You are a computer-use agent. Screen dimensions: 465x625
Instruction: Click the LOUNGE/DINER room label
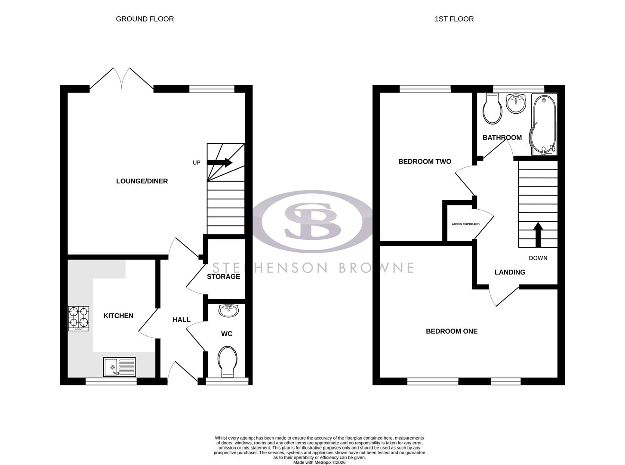pyautogui.click(x=142, y=181)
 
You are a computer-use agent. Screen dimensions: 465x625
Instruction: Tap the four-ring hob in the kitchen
pyautogui.click(x=79, y=318)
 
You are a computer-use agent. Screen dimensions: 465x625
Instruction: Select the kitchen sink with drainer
pyautogui.click(x=119, y=367)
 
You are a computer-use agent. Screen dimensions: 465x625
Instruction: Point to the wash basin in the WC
pyautogui.click(x=228, y=310)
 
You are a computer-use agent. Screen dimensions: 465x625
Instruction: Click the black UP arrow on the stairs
pyautogui.click(x=220, y=162)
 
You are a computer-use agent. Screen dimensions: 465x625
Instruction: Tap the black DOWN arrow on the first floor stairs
pyautogui.click(x=538, y=234)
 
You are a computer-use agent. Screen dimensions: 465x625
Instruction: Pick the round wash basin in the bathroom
pyautogui.click(x=516, y=103)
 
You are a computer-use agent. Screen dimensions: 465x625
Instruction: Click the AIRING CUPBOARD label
pyautogui.click(x=465, y=224)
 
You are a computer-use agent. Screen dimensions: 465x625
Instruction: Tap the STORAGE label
pyautogui.click(x=223, y=276)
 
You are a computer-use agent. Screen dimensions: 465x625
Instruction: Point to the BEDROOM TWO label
pyautogui.click(x=425, y=161)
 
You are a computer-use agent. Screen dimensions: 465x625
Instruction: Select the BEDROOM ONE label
pyautogui.click(x=452, y=331)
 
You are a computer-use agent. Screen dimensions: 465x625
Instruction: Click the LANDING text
pyautogui.click(x=510, y=272)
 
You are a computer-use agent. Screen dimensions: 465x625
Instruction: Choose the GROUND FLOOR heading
pyautogui.click(x=145, y=19)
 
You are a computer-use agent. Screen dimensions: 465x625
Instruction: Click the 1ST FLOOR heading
pyautogui.click(x=454, y=19)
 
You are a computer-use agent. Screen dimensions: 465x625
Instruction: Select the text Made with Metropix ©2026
pyautogui.click(x=319, y=462)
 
